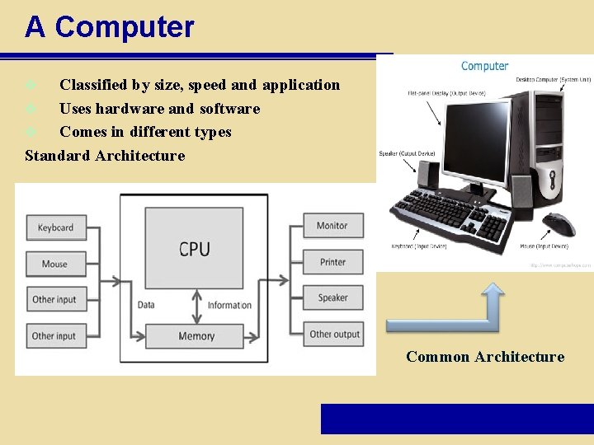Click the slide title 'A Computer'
click(109, 27)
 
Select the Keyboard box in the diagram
click(54, 227)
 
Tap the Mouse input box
click(54, 264)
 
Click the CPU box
click(194, 247)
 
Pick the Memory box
click(196, 336)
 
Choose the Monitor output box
click(332, 226)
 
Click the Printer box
click(332, 262)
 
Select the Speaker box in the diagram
click(332, 297)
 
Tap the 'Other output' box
click(334, 334)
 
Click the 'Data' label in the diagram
click(146, 305)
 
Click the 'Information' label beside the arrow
click(229, 305)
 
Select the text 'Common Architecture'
click(485, 357)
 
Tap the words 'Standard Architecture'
click(105, 156)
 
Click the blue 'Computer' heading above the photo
click(484, 66)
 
